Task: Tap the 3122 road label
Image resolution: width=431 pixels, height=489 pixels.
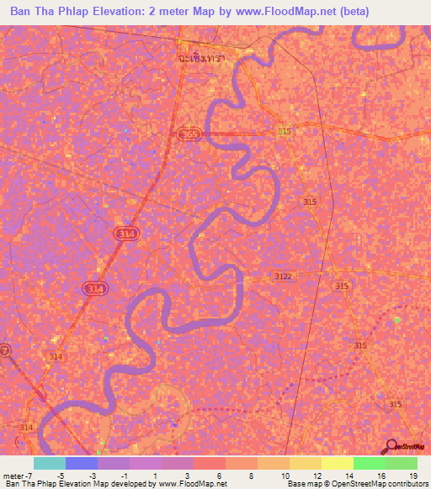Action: click(284, 276)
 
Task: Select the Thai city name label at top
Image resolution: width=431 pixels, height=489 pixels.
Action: click(203, 60)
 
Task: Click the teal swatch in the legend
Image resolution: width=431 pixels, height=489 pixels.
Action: click(49, 463)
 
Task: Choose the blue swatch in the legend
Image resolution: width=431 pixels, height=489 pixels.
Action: click(81, 463)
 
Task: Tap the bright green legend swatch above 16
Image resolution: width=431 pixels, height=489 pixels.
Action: click(369, 463)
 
